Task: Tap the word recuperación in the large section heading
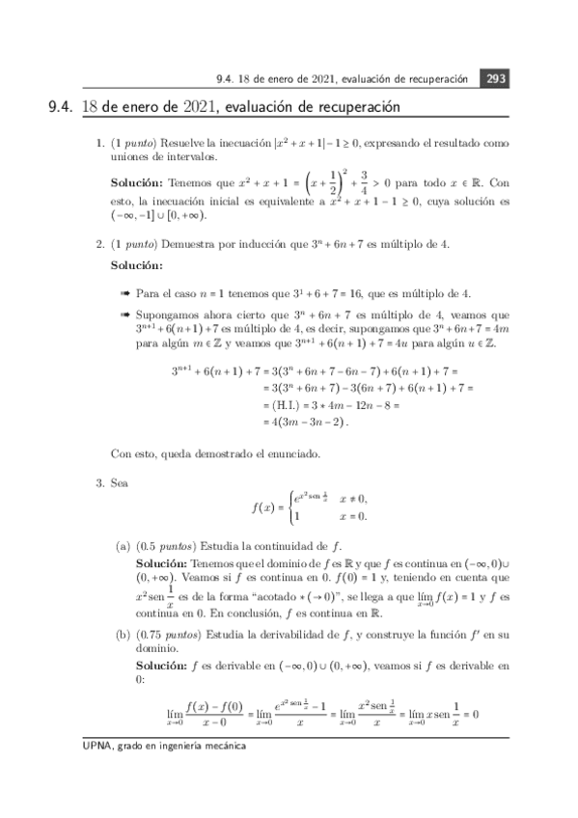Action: pyautogui.click(x=359, y=107)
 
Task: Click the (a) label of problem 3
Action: pyautogui.click(x=123, y=546)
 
